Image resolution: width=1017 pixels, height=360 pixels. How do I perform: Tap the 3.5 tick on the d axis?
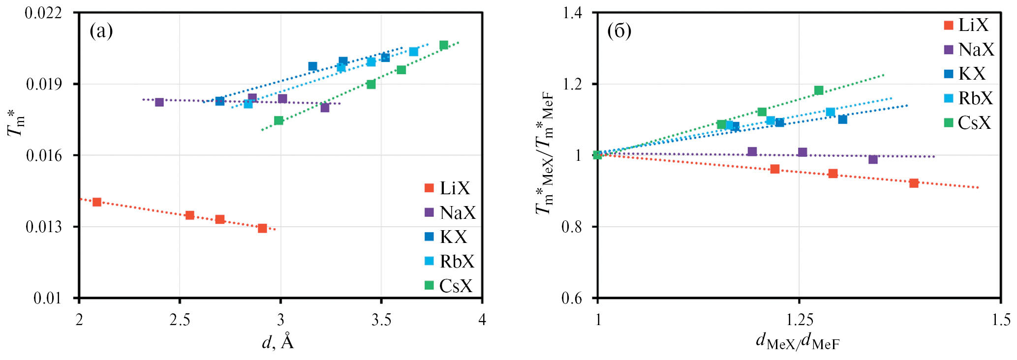381,320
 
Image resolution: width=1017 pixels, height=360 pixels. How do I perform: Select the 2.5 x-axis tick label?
180,320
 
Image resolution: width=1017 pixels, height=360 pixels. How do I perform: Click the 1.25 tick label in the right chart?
800,320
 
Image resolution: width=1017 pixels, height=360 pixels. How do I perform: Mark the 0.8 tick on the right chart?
572,227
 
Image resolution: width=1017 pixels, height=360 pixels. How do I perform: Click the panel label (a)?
101,31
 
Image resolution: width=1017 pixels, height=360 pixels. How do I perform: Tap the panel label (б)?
619,31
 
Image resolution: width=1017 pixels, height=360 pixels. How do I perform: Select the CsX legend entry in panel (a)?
449,286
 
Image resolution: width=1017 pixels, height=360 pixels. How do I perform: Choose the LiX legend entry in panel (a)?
448,188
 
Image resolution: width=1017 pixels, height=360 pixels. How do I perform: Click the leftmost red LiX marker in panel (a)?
97,202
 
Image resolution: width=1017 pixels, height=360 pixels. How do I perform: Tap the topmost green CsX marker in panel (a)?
444,45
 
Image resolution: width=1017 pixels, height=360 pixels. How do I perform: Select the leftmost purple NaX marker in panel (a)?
159,102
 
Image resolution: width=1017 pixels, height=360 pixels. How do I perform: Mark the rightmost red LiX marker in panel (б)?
914,183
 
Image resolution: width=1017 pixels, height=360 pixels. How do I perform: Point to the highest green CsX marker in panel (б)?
819,90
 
